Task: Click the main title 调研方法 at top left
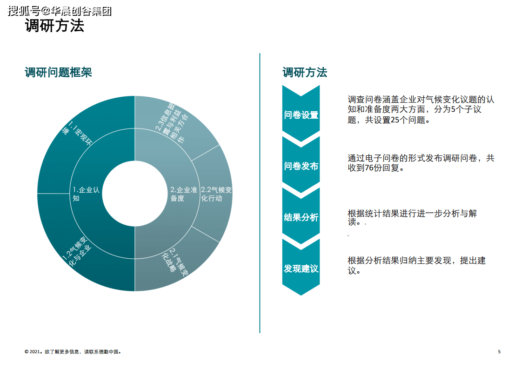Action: coord(54,26)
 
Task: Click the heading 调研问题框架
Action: coord(58,72)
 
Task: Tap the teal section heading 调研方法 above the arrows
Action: coord(305,72)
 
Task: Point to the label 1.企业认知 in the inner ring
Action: coord(86,194)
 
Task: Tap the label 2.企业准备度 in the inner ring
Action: coord(183,194)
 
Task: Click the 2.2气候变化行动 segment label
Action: coord(216,194)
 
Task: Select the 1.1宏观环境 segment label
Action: coord(77,133)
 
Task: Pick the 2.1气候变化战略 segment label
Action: coord(175,262)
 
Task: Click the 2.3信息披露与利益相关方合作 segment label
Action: coord(172,122)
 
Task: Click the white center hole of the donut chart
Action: coord(135,194)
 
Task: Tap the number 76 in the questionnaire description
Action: coord(369,168)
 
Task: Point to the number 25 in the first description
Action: coord(395,120)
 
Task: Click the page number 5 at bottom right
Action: coord(499,352)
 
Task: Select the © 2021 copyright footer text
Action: coord(73,352)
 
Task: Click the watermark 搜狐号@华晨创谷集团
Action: coord(60,11)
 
